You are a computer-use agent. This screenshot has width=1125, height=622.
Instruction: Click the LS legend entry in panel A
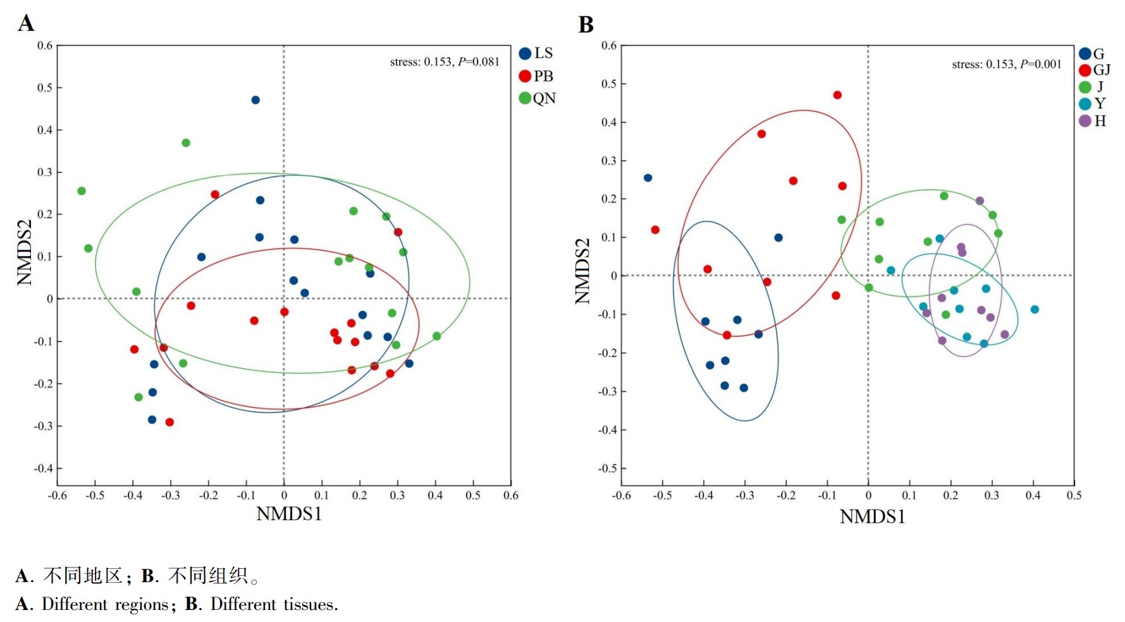[x=536, y=54]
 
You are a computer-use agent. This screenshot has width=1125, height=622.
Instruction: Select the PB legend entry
[x=536, y=76]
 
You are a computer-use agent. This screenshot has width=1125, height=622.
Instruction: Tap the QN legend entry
[x=537, y=98]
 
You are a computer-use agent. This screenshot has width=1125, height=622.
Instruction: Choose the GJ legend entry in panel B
[x=1095, y=70]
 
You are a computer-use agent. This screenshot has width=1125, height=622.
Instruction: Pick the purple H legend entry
[x=1093, y=121]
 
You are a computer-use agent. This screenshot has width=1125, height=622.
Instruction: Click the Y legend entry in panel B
[x=1093, y=104]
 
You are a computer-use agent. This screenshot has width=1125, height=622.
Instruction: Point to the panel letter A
[x=25, y=23]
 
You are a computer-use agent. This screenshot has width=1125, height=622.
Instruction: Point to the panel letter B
[x=586, y=25]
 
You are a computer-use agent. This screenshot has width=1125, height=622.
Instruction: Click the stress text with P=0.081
[x=445, y=62]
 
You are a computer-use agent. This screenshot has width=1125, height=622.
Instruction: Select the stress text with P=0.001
[x=1007, y=64]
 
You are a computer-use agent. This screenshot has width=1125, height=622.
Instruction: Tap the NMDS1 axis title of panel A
[x=289, y=514]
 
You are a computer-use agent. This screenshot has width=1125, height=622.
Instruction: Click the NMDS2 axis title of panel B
[x=582, y=271]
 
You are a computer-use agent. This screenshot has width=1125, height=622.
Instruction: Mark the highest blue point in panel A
[x=255, y=100]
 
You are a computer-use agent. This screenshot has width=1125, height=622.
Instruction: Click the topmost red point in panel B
[x=837, y=95]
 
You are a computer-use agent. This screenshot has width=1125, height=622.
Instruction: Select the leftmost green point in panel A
[x=82, y=191]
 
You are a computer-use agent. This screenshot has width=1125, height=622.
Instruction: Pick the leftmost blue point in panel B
[x=648, y=178]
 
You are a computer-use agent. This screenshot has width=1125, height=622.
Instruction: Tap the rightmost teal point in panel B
[x=1035, y=309]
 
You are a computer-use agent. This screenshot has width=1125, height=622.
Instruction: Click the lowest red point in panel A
[x=169, y=422]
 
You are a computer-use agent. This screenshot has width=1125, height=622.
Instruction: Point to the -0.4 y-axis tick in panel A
[x=44, y=468]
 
